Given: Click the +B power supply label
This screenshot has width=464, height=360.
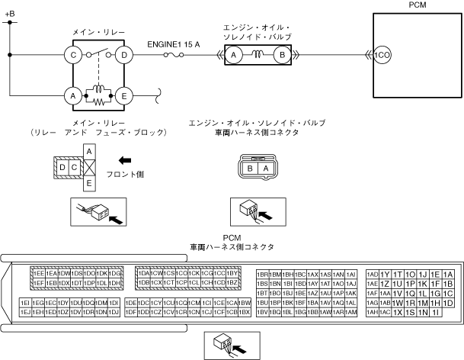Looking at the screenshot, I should point(9,13).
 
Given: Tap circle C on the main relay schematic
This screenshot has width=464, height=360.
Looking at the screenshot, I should point(74,55).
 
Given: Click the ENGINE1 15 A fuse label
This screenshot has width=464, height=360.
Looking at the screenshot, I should point(174,43).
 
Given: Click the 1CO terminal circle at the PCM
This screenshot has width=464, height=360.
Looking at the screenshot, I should point(381,55).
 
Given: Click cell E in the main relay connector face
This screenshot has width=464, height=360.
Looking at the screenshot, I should point(88,183).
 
